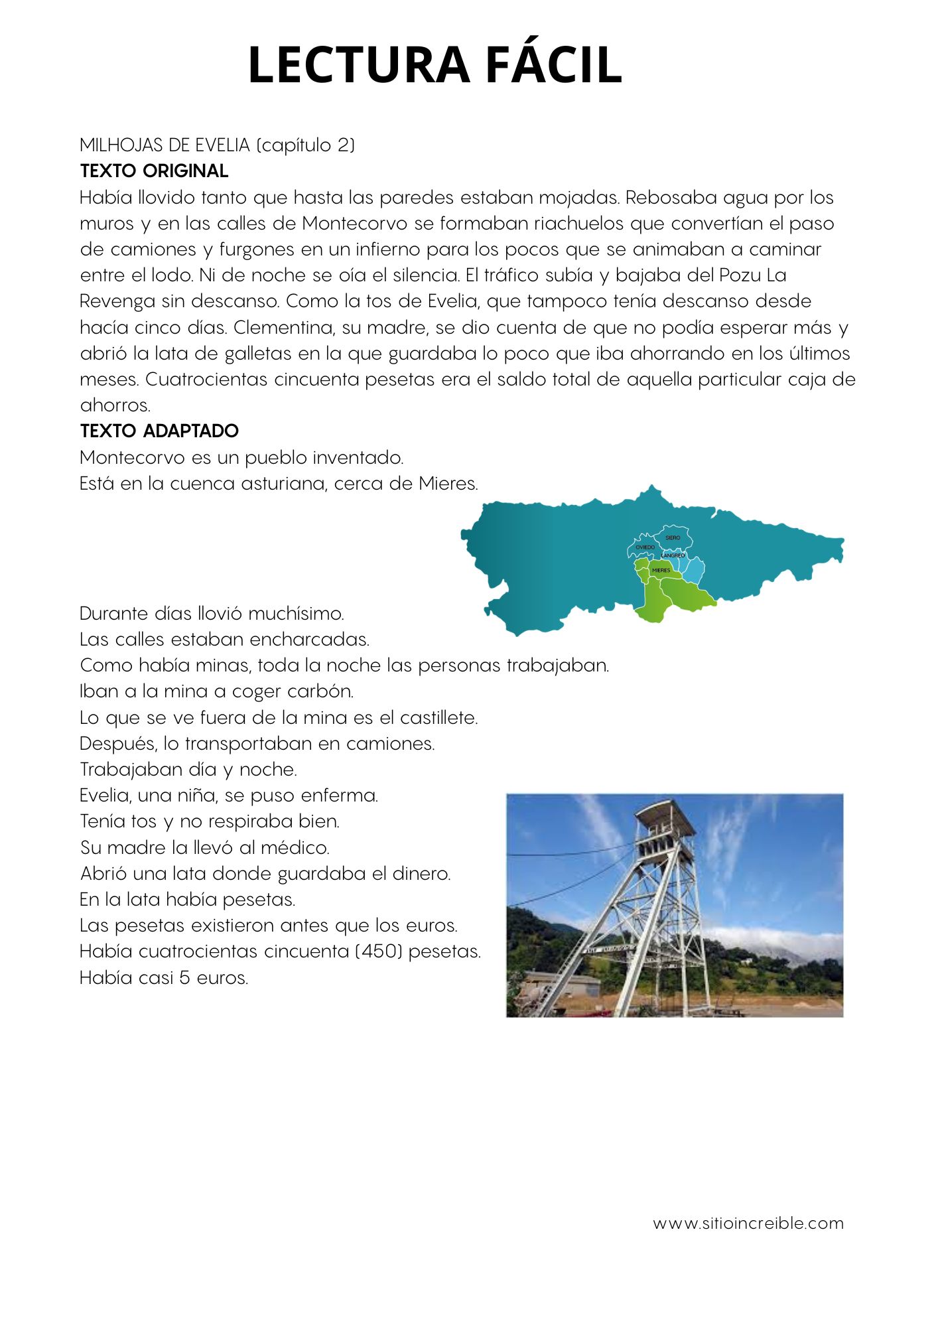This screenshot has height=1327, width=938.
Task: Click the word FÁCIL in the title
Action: pos(553,65)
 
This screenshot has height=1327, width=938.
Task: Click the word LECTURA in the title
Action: pos(358,65)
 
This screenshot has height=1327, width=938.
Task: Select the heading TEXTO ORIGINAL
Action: pos(154,171)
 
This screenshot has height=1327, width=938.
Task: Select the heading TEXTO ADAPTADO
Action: pos(159,431)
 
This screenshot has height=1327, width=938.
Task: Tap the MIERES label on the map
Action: pos(661,571)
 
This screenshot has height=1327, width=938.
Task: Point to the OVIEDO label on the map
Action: pos(645,547)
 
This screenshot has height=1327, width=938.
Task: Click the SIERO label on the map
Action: pos(673,537)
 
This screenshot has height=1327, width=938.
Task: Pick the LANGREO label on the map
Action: pos(673,555)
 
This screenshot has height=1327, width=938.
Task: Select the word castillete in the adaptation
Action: pos(436,717)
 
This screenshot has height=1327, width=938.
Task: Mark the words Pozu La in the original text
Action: pos(752,275)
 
